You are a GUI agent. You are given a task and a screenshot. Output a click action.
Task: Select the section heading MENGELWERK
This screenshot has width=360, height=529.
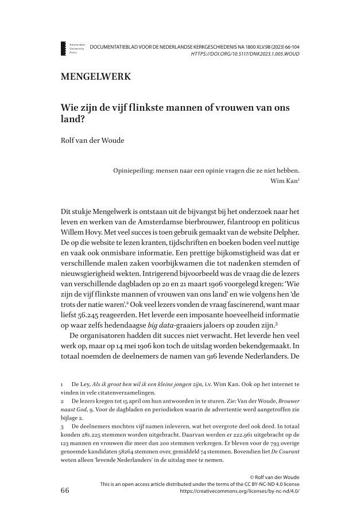coord(95,76)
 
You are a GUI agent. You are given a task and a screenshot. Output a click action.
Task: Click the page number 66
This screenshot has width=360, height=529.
coord(65,491)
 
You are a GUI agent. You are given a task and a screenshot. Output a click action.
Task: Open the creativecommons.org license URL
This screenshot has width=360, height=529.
coord(240,492)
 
